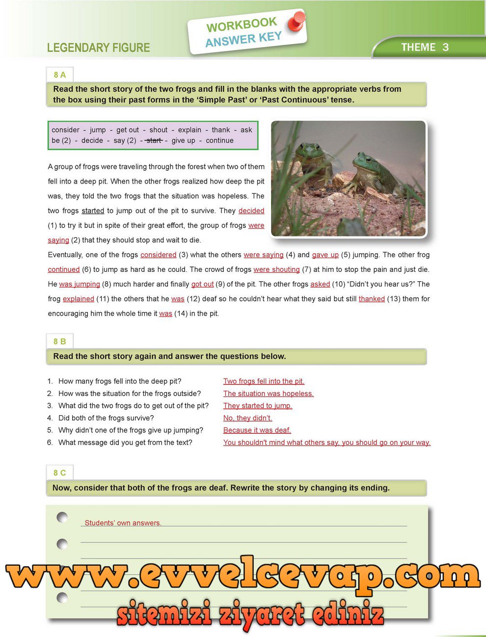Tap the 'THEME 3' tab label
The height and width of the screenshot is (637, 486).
pyautogui.click(x=425, y=48)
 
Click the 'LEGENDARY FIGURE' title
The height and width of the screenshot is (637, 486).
pyautogui.click(x=98, y=48)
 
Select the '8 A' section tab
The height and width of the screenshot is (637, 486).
pyautogui.click(x=59, y=75)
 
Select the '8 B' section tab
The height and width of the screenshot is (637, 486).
pyautogui.click(x=59, y=342)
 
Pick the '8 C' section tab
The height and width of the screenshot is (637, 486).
pyautogui.click(x=59, y=473)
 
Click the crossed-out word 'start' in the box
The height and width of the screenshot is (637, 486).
pyautogui.click(x=154, y=140)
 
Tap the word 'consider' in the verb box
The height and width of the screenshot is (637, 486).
pyautogui.click(x=65, y=130)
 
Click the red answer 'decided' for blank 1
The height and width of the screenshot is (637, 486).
pyautogui.click(x=251, y=211)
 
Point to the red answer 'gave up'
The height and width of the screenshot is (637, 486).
pyautogui.click(x=325, y=255)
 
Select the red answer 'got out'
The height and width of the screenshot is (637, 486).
pyautogui.click(x=202, y=284)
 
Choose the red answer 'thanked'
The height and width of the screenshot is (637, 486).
pyautogui.click(x=372, y=299)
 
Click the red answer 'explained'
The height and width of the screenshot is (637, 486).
pyautogui.click(x=78, y=299)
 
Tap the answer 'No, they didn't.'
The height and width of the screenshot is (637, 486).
pyautogui.click(x=247, y=418)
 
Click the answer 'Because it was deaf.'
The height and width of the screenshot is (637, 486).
pyautogui.click(x=257, y=430)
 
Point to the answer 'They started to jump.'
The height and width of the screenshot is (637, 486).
pyautogui.click(x=257, y=406)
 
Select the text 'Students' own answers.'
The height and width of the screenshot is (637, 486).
pyautogui.click(x=123, y=523)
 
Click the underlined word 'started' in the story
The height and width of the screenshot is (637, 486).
pyautogui.click(x=93, y=211)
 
